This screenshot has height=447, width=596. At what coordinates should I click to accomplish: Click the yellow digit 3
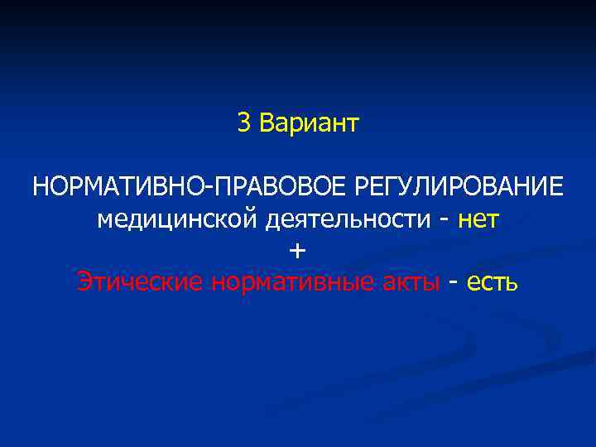(x=243, y=123)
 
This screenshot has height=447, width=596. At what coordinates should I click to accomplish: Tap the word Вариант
(x=309, y=123)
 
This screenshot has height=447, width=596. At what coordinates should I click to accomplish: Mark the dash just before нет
(x=446, y=221)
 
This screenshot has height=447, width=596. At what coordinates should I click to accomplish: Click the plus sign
(x=298, y=251)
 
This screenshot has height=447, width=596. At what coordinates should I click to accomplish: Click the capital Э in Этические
(x=84, y=281)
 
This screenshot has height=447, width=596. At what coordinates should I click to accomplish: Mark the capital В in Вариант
(x=266, y=123)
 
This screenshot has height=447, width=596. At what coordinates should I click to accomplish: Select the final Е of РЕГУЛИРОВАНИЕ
(x=556, y=186)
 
